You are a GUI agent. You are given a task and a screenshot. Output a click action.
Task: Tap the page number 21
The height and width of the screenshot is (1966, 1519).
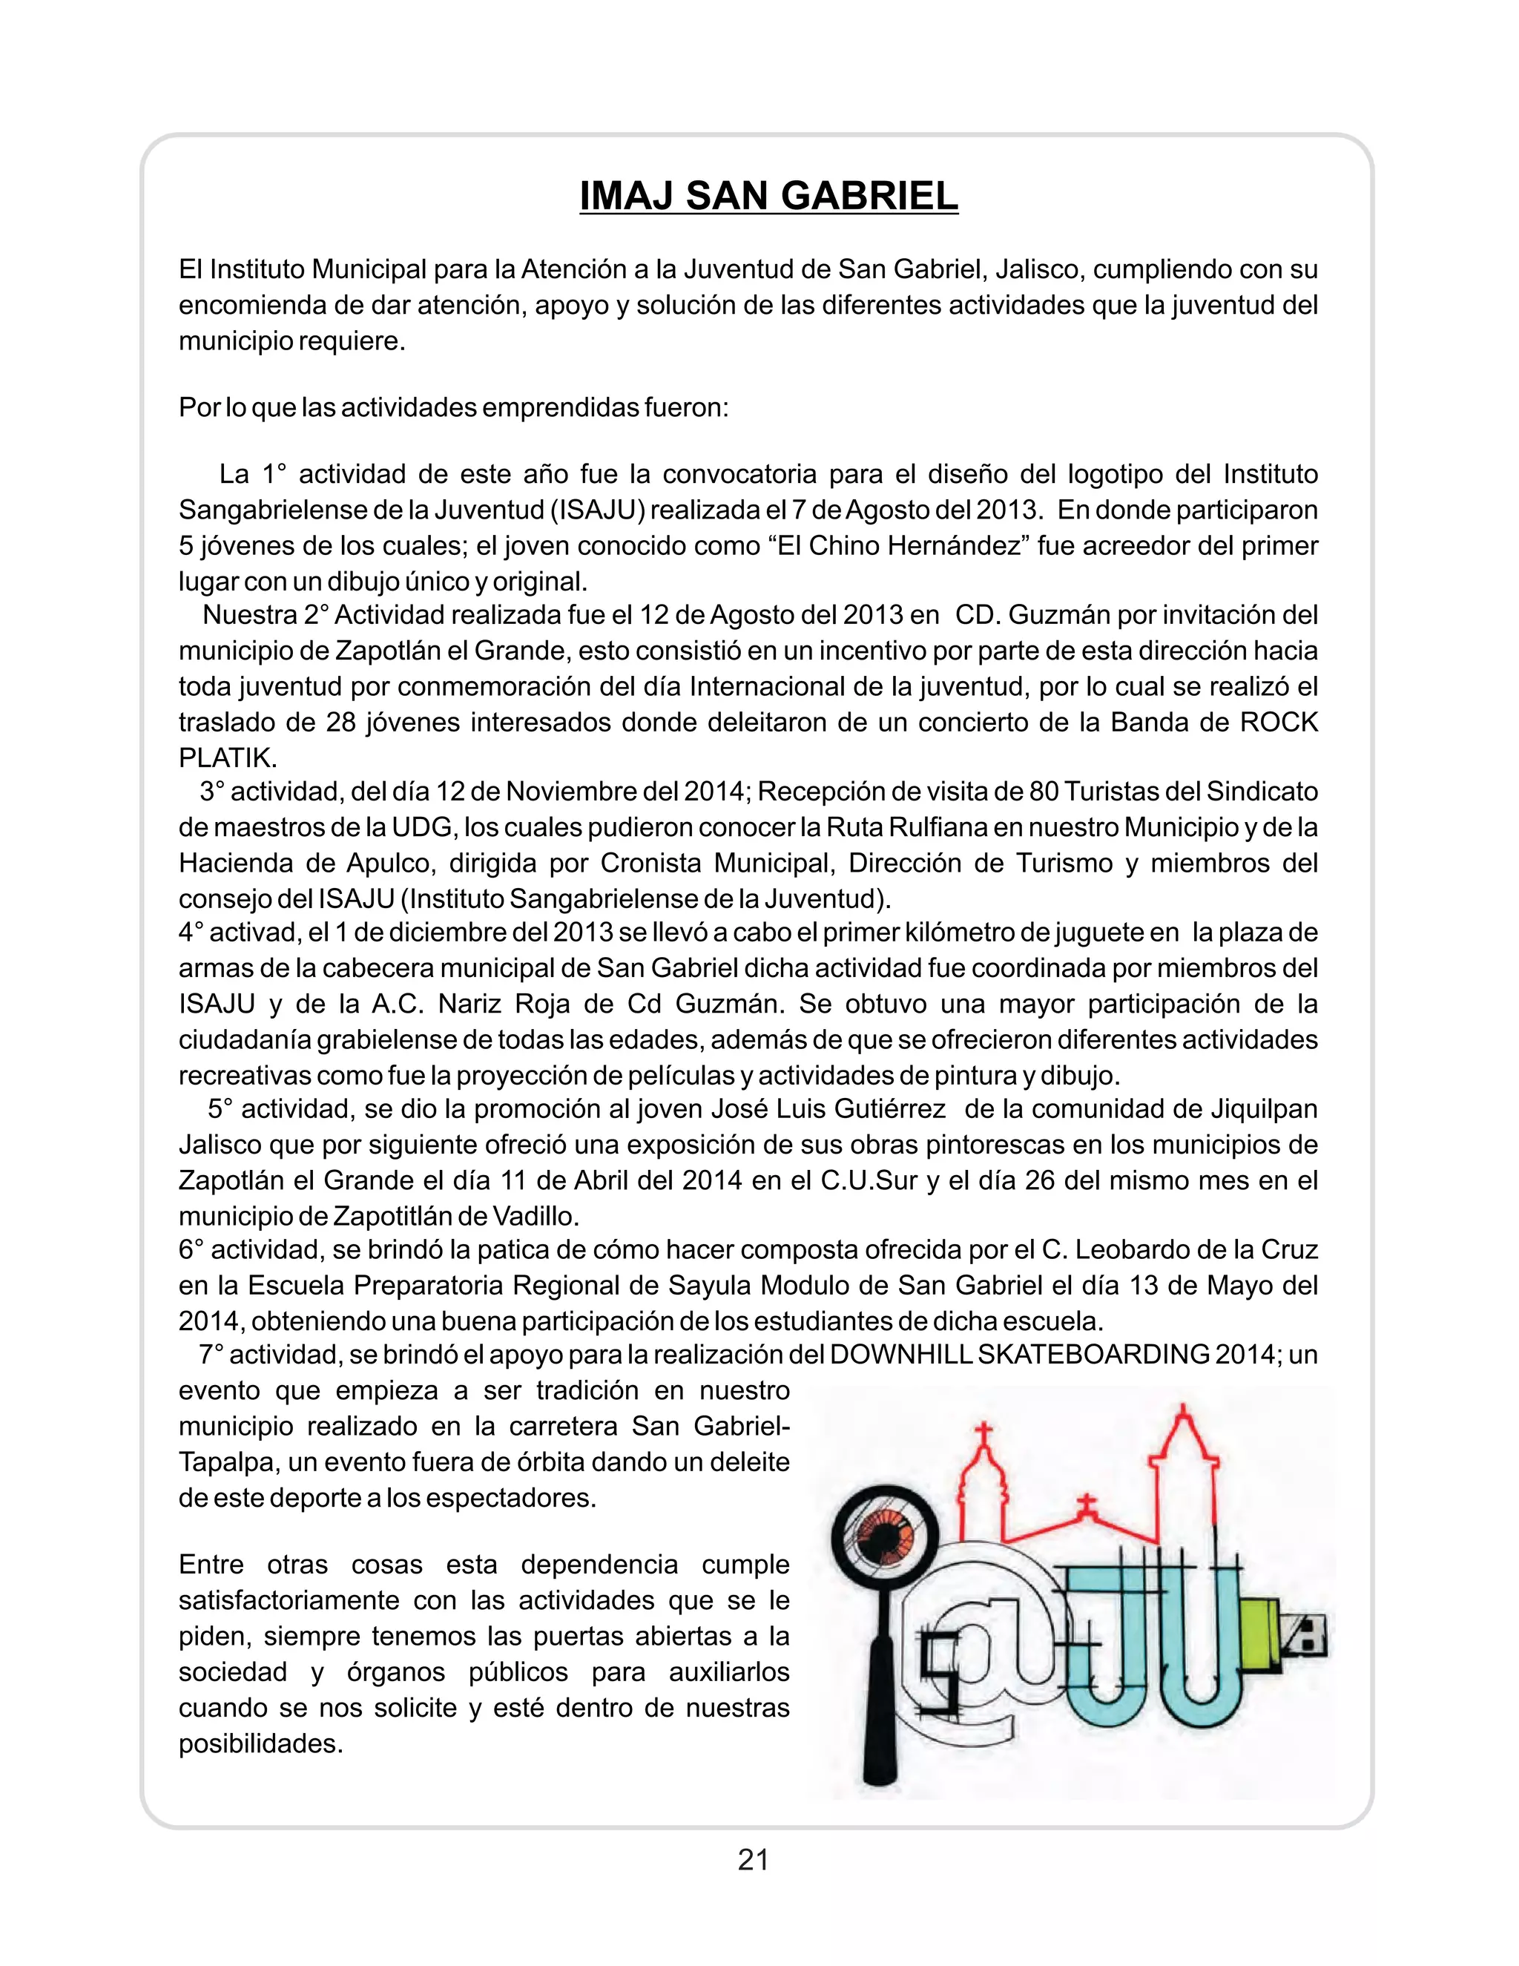click(754, 1859)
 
